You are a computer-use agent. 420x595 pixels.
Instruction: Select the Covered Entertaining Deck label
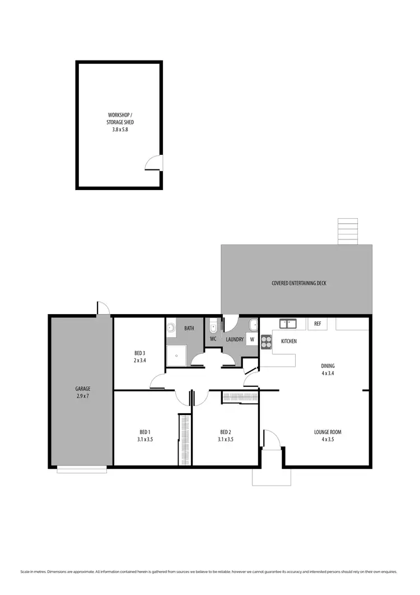tap(298, 283)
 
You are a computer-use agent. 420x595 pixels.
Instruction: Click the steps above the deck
tap(348, 232)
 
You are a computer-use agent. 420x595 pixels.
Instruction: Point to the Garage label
tap(83, 392)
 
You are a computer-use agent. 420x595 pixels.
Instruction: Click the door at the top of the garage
tap(102, 309)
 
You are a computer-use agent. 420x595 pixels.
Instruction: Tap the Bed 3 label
tap(139, 356)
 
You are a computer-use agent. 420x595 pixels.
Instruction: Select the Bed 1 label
tap(145, 435)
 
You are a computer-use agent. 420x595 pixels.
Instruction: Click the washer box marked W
tap(252, 339)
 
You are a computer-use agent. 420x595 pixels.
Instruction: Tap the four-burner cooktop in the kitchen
tap(266, 342)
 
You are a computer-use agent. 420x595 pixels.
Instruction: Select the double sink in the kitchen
tap(288, 323)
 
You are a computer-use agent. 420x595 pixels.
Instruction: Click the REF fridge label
tap(318, 324)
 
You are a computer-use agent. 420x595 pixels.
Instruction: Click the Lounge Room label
tap(328, 435)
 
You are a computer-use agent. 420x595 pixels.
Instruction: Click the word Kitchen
tap(289, 341)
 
